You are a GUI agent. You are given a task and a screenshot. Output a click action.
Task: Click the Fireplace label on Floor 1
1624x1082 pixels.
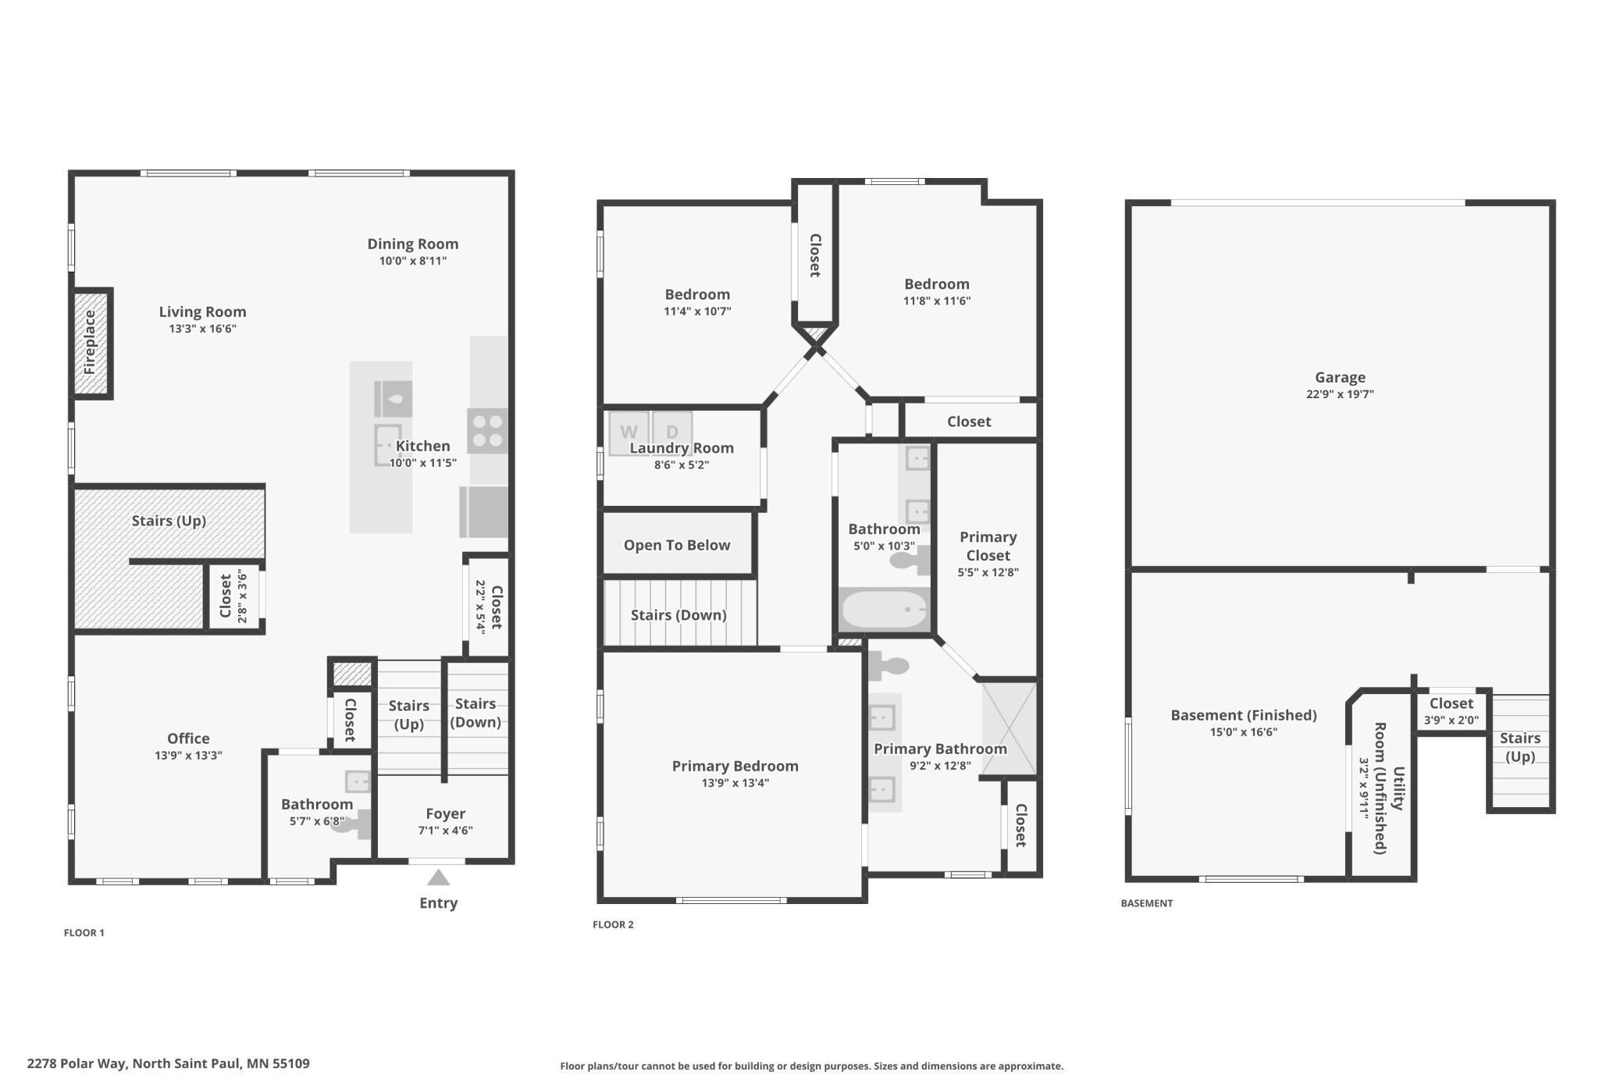tap(90, 342)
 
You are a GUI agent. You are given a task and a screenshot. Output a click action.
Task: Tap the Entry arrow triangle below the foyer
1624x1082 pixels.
tap(439, 877)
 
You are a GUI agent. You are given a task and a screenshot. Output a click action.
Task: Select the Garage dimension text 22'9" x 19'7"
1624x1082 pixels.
tap(1340, 394)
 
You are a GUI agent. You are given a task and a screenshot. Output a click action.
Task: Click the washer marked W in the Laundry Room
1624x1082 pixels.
tap(629, 433)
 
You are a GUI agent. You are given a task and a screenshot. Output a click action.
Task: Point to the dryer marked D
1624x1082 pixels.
tap(672, 433)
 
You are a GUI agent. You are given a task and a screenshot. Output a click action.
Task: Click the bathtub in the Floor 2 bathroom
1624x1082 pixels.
tap(885, 609)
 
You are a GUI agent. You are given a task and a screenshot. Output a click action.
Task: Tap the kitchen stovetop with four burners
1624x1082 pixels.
tap(488, 431)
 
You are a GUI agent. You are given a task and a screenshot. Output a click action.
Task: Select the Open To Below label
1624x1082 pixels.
tap(677, 545)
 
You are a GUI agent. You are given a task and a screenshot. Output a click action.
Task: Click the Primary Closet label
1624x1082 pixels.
tap(988, 546)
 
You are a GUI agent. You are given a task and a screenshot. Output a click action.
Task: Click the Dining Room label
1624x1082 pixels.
tap(413, 244)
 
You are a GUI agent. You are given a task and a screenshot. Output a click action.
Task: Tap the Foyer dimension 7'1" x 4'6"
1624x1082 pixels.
tap(445, 831)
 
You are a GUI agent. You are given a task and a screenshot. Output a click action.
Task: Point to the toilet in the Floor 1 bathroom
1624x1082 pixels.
tap(351, 824)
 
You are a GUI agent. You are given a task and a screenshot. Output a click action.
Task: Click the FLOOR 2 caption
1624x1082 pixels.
tap(613, 924)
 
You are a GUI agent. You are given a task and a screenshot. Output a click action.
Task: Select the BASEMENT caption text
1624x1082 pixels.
tap(1146, 903)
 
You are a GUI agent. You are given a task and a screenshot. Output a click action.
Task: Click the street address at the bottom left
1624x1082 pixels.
tap(169, 1063)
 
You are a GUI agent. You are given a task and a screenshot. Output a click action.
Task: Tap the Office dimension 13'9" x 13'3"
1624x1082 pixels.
tap(188, 755)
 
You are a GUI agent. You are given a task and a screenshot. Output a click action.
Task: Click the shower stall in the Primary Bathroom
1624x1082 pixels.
tap(1009, 728)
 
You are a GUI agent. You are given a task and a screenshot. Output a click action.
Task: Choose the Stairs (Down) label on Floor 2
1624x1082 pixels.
tap(678, 615)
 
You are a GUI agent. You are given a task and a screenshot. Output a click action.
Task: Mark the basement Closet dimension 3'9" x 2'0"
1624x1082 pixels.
tap(1451, 720)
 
